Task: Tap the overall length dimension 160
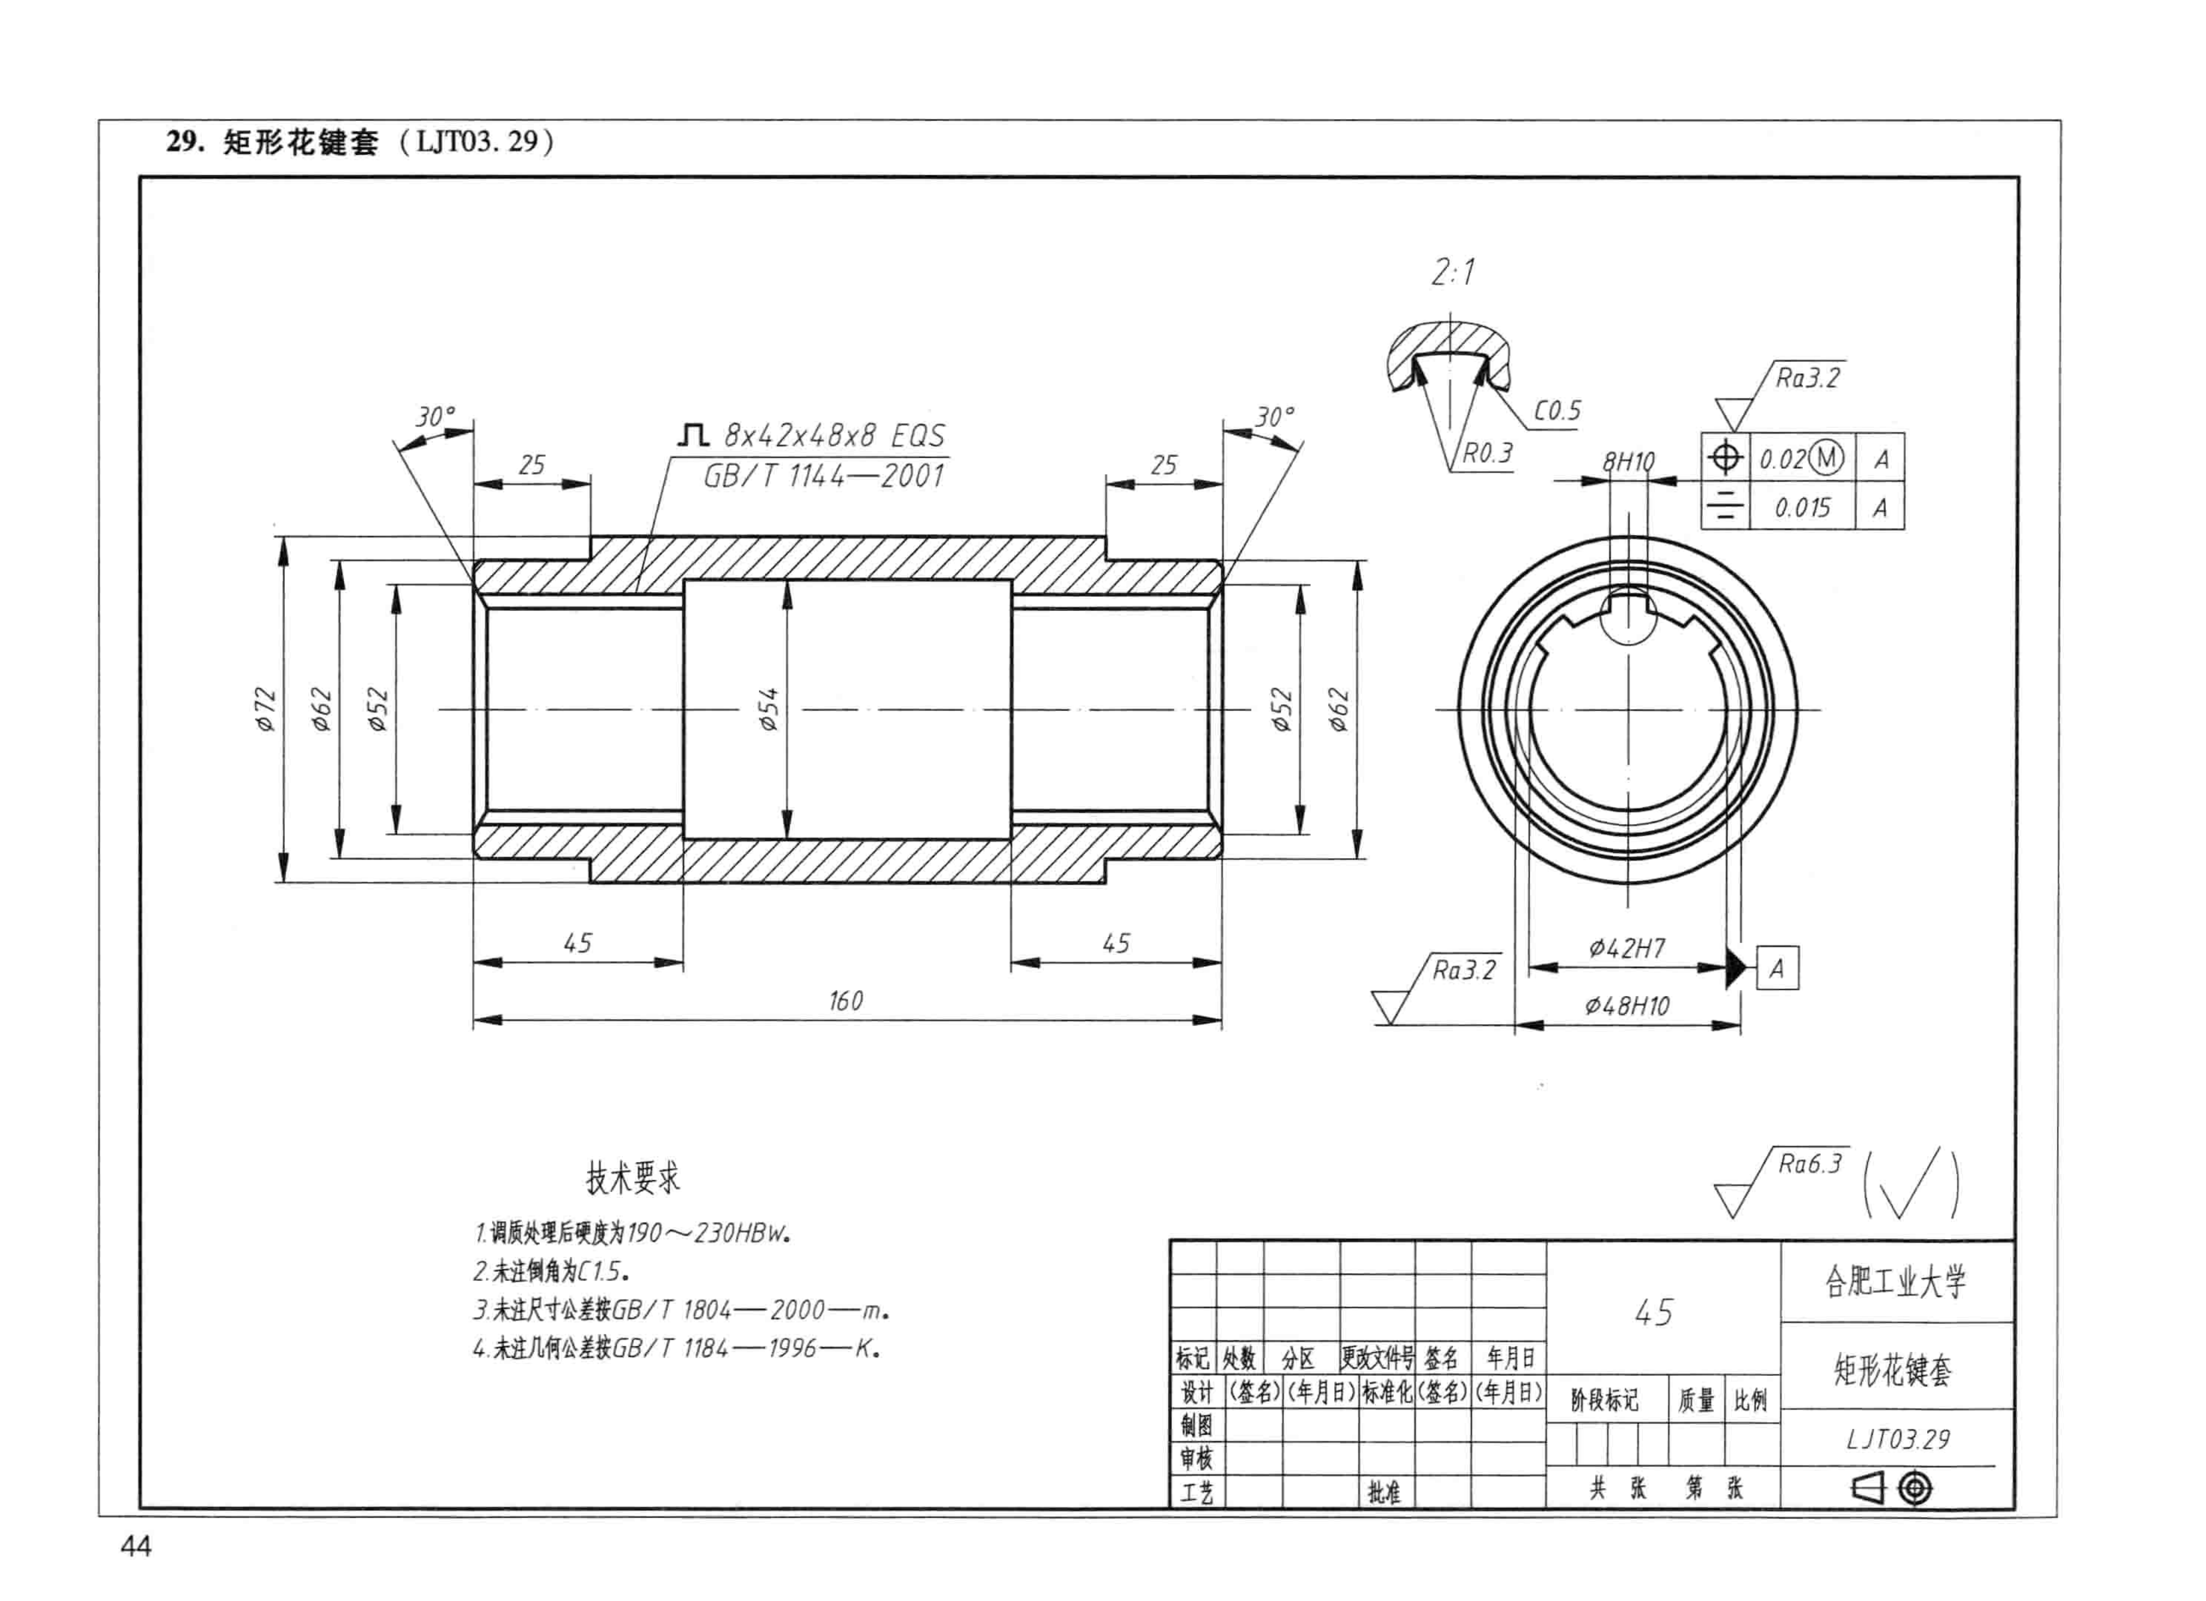pos(845,1001)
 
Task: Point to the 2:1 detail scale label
pos(1453,271)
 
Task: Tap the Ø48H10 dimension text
pos(1627,1006)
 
